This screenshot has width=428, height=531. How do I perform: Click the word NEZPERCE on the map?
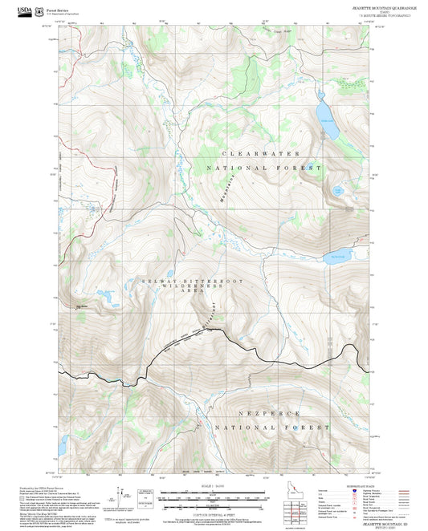point(259,412)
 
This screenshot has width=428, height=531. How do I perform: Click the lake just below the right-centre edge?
point(335,258)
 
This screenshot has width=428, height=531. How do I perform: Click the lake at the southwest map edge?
point(63,443)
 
